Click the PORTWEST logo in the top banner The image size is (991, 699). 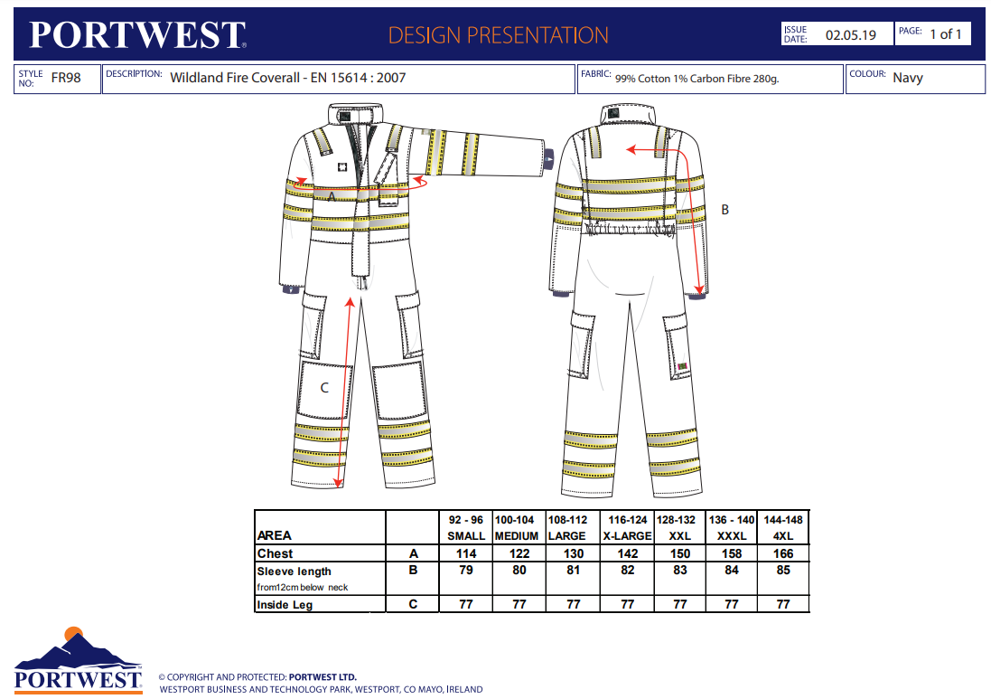[x=137, y=35]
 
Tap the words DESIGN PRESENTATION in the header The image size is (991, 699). [x=498, y=35]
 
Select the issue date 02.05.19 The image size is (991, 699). [x=851, y=35]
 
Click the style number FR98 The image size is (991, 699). [x=66, y=78]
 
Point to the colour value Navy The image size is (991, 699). [x=908, y=78]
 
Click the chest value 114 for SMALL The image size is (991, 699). [x=466, y=553]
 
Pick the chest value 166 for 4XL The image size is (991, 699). [x=783, y=553]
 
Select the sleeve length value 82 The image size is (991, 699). [x=628, y=571]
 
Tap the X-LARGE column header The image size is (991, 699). [x=628, y=536]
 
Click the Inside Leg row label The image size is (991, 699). [x=285, y=605]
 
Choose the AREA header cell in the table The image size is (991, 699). [x=275, y=536]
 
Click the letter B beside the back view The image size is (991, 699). [x=725, y=209]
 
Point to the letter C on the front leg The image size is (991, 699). [x=324, y=388]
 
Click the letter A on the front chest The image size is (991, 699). [x=332, y=195]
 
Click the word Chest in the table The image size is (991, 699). [x=275, y=553]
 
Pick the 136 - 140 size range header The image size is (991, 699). [x=732, y=520]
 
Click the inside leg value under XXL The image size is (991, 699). [x=680, y=605]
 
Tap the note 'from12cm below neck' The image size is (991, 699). [x=303, y=588]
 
